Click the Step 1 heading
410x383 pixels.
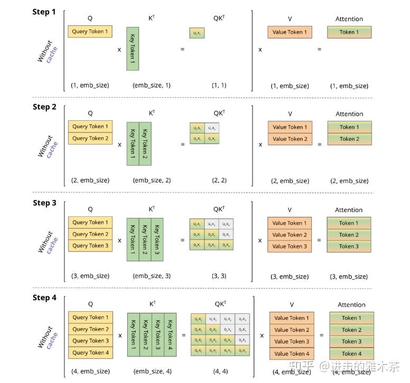pyautogui.click(x=44, y=12)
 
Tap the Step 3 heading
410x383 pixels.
pyautogui.click(x=44, y=203)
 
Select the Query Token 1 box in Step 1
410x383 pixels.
pyautogui.click(x=90, y=32)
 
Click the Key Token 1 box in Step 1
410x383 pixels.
pyautogui.click(x=132, y=49)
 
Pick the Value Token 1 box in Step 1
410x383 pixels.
pyautogui.click(x=290, y=32)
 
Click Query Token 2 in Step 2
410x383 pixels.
pyautogui.click(x=90, y=138)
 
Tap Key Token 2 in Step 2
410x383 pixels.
pyautogui.click(x=146, y=144)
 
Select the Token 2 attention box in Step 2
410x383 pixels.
pyautogui.click(x=349, y=139)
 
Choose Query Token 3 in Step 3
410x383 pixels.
pyautogui.click(x=90, y=246)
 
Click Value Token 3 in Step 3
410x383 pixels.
pyautogui.click(x=290, y=246)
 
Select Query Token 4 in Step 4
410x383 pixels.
pyautogui.click(x=91, y=352)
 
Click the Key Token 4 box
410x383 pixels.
pyautogui.click(x=170, y=335)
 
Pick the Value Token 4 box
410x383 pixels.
pyautogui.click(x=292, y=353)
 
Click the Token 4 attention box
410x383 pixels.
pyautogui.click(x=351, y=353)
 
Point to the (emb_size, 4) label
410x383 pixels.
pyautogui.click(x=152, y=371)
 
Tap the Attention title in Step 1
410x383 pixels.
pyautogui.click(x=349, y=19)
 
